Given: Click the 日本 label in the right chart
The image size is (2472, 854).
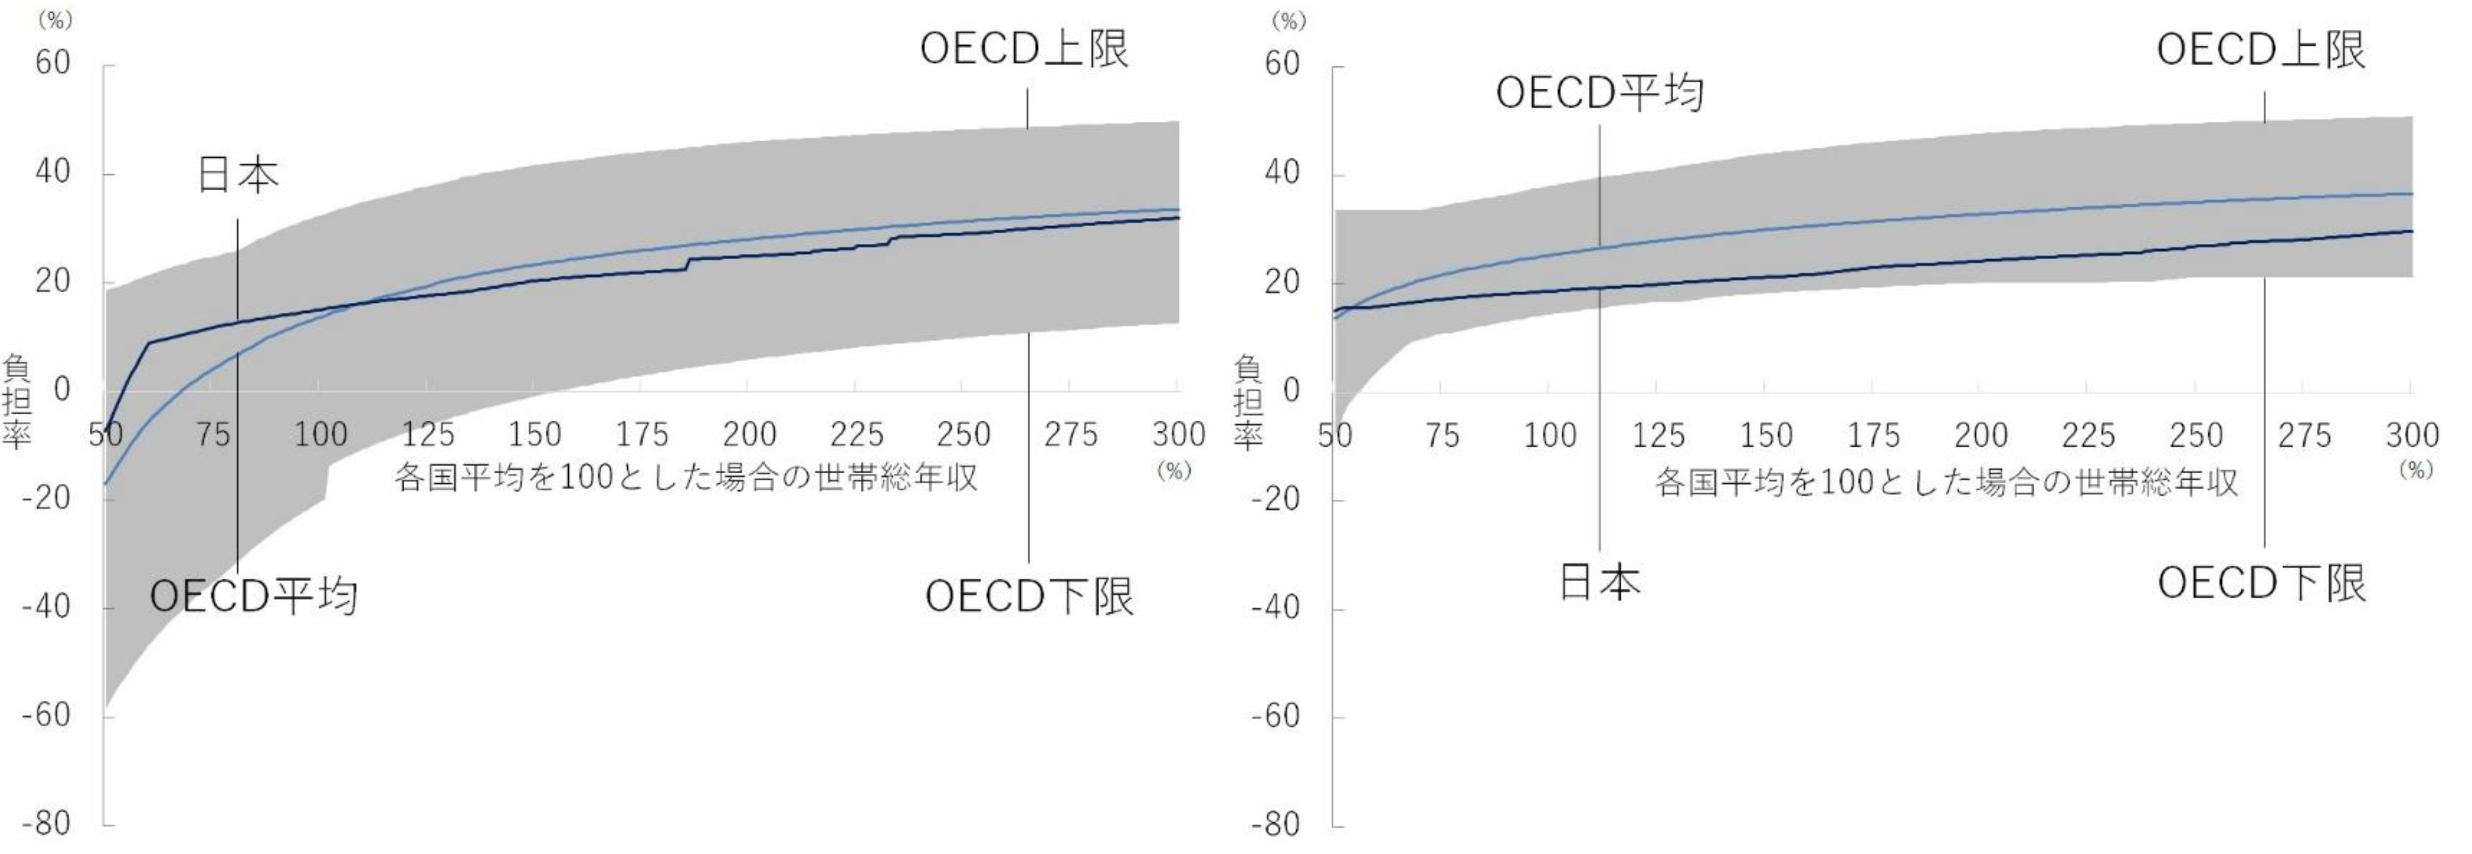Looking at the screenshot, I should coord(1599,582).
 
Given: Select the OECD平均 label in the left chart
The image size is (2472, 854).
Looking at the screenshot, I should coord(254,596).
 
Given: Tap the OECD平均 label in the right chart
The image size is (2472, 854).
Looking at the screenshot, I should coord(1600,93).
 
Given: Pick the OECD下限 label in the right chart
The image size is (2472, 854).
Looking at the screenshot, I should coord(2262,582).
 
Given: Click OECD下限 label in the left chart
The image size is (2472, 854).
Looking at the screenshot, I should coord(1029,596).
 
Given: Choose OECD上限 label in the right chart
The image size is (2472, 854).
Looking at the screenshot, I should coord(2261,50).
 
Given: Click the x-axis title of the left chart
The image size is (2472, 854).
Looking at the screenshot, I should coord(685,477).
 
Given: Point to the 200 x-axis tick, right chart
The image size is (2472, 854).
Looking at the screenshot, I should coord(1980,437).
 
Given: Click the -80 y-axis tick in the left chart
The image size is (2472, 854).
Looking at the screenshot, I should coord(46,824).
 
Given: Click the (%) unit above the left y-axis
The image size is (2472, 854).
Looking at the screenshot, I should coord(54,19).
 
